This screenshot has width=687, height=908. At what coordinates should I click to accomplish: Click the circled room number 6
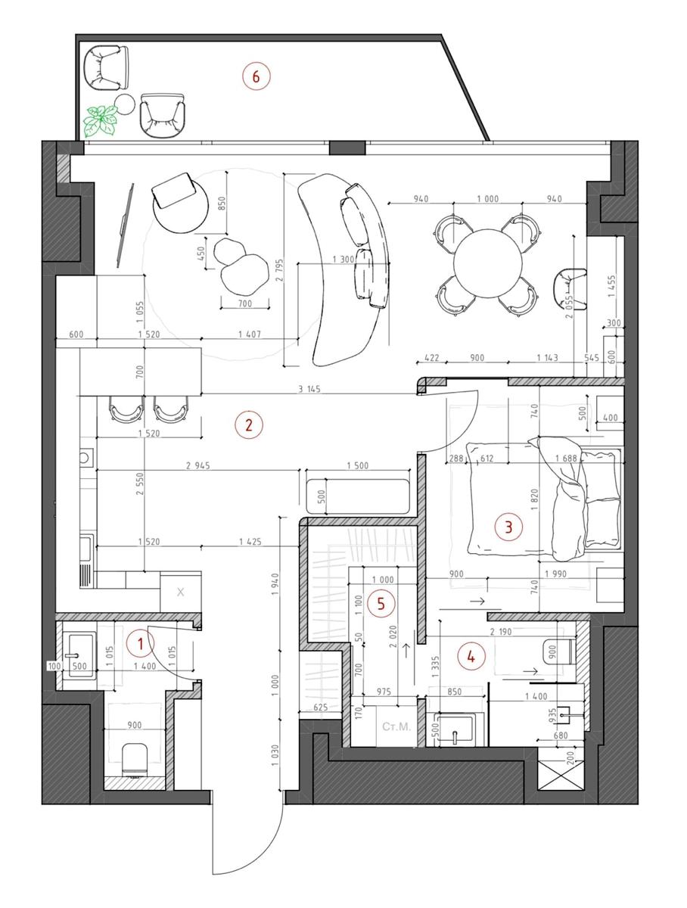point(256,76)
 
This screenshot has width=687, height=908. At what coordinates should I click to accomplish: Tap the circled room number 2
point(249,424)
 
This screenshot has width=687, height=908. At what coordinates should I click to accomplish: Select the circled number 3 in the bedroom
point(508,527)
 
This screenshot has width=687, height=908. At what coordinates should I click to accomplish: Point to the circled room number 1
point(140,644)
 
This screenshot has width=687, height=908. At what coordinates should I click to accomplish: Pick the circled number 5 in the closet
point(381,604)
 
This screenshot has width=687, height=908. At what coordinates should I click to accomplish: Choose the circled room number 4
point(471,656)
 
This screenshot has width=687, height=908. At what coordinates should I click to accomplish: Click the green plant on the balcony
point(100,120)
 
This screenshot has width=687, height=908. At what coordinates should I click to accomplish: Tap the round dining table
point(488,263)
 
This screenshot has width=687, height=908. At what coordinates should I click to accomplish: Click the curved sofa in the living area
point(347,269)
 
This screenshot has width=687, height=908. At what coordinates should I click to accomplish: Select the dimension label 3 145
point(309,389)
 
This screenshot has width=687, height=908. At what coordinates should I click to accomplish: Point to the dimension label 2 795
point(280,271)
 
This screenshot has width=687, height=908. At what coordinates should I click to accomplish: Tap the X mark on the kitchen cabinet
point(180,592)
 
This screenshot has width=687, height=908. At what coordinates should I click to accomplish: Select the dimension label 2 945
point(198,465)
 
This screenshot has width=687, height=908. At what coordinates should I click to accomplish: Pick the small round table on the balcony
point(125,104)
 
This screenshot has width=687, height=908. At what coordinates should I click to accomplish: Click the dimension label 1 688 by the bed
point(566,458)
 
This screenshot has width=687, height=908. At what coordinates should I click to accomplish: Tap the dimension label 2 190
point(501,631)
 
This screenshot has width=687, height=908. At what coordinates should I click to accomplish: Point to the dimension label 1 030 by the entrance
point(276,755)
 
